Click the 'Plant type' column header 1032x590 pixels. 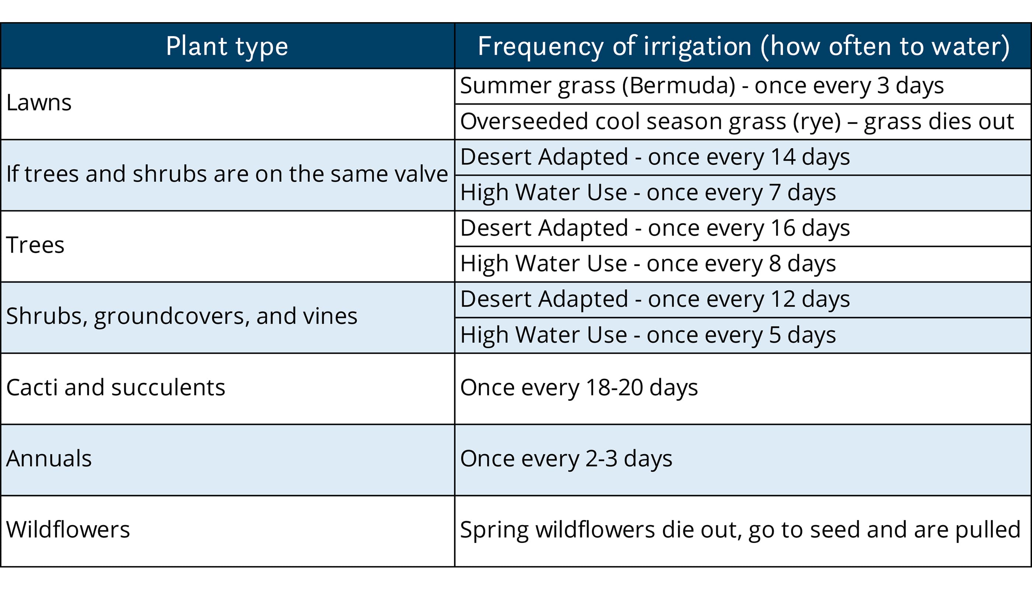tap(227, 46)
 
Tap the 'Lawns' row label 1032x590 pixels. tap(39, 103)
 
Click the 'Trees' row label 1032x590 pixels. tap(35, 245)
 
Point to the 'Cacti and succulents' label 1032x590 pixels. tap(116, 388)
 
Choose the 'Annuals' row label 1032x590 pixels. tap(49, 459)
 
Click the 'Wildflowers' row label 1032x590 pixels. tap(68, 530)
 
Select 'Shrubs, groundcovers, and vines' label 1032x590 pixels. tap(182, 316)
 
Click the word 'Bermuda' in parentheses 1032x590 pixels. tap(679, 86)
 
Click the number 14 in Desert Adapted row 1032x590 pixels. tap(783, 157)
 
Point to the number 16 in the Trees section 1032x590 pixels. tap(783, 228)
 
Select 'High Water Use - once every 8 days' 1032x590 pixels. tap(648, 264)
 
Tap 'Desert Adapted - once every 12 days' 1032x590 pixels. tap(655, 299)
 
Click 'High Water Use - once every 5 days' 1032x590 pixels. tap(648, 335)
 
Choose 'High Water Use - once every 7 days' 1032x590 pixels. tap(648, 192)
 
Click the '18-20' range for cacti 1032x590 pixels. tap(614, 388)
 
